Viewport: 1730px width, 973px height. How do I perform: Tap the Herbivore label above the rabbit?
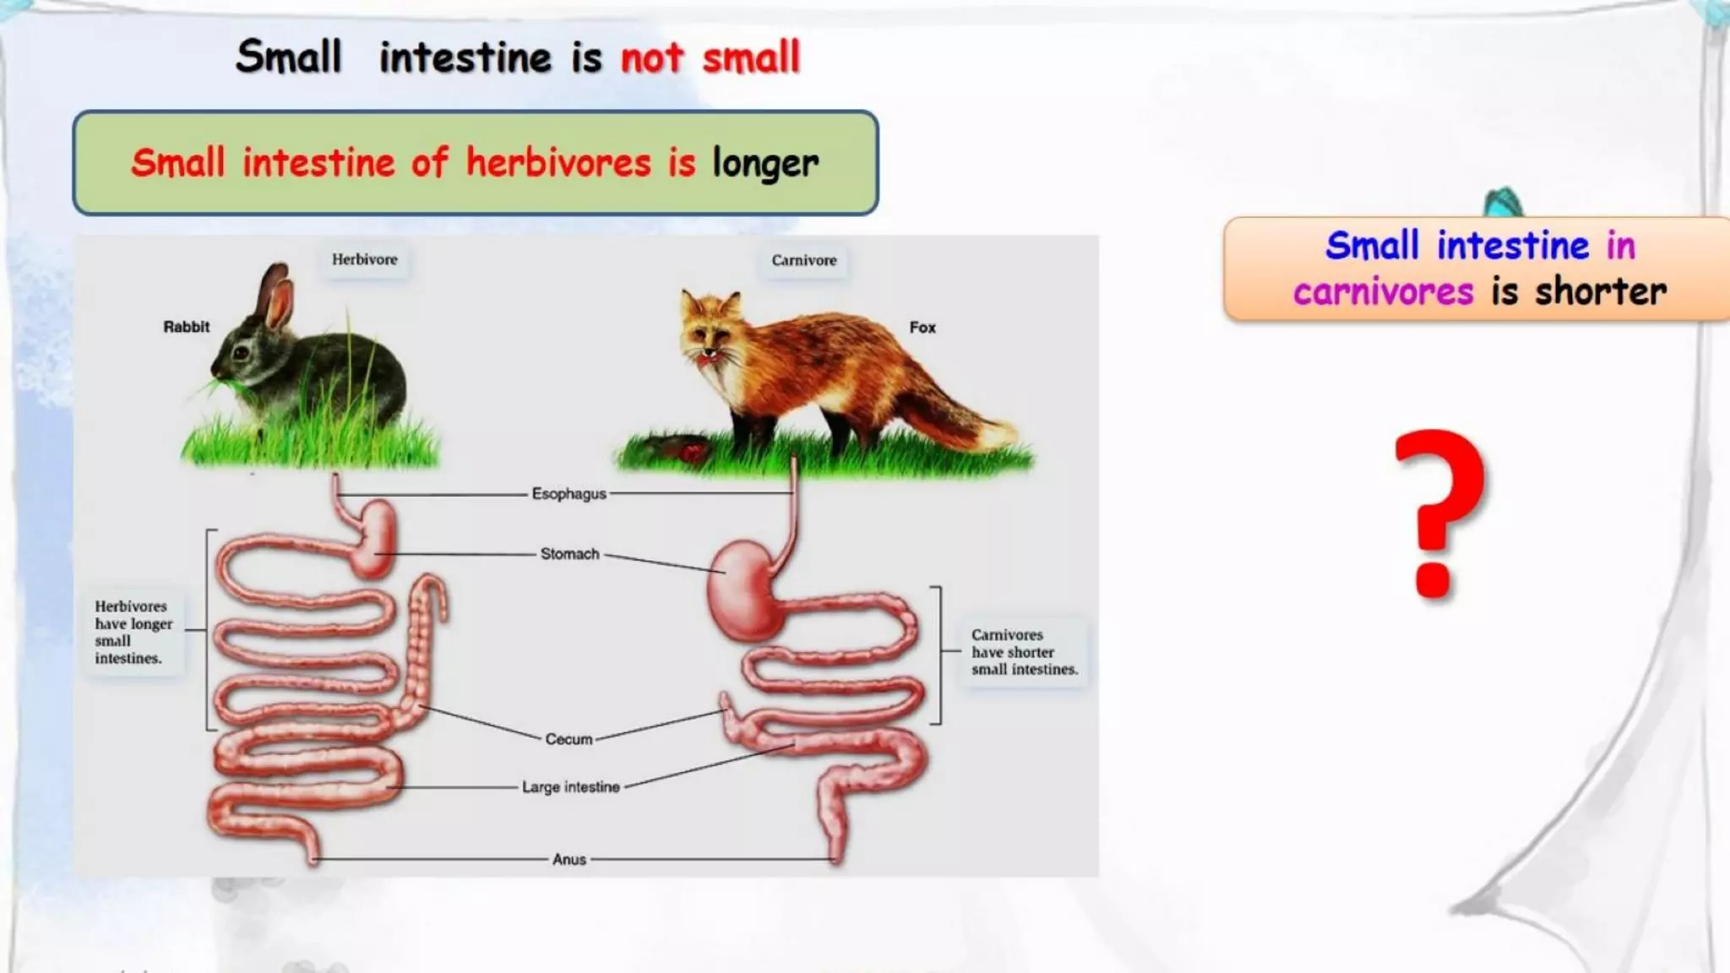[364, 259]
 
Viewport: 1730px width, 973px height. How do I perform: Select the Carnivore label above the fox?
[803, 260]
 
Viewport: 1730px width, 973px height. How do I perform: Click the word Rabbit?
[186, 327]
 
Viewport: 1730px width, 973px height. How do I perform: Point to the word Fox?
[922, 327]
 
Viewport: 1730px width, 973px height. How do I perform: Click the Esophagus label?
[569, 493]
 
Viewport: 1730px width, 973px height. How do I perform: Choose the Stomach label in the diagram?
[569, 554]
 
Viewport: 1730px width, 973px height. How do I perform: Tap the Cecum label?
[569, 739]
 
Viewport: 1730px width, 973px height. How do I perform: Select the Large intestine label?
[570, 787]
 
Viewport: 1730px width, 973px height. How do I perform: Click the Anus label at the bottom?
[569, 859]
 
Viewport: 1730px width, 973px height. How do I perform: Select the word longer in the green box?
[765, 163]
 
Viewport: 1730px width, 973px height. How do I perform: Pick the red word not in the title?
[651, 58]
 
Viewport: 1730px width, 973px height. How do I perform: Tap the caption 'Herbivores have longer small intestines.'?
[133, 632]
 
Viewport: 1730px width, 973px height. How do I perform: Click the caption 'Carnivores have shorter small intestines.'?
[1024, 651]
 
